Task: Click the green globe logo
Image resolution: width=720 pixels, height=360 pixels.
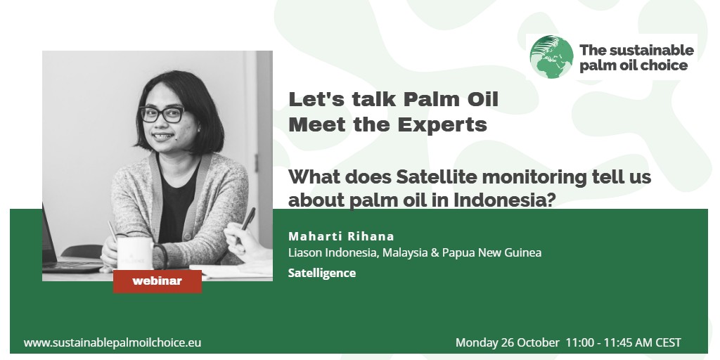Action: coord(551,57)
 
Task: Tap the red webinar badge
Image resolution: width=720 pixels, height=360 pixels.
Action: coord(157,281)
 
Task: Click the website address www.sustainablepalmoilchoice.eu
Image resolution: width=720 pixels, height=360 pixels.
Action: coord(112,342)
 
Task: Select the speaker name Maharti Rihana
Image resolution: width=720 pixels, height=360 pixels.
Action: coord(341,236)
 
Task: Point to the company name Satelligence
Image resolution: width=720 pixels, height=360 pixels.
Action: coord(322,273)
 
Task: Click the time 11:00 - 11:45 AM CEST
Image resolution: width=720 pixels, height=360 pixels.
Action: coord(624,342)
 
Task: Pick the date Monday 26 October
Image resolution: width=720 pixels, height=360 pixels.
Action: coord(508,342)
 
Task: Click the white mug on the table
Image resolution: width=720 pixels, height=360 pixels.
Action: coord(134,252)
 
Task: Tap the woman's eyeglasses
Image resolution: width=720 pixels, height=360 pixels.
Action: coord(162,114)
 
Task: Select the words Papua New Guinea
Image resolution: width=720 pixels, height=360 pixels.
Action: coord(491,252)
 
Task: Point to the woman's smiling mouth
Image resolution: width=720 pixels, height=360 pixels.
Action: coord(163,136)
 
